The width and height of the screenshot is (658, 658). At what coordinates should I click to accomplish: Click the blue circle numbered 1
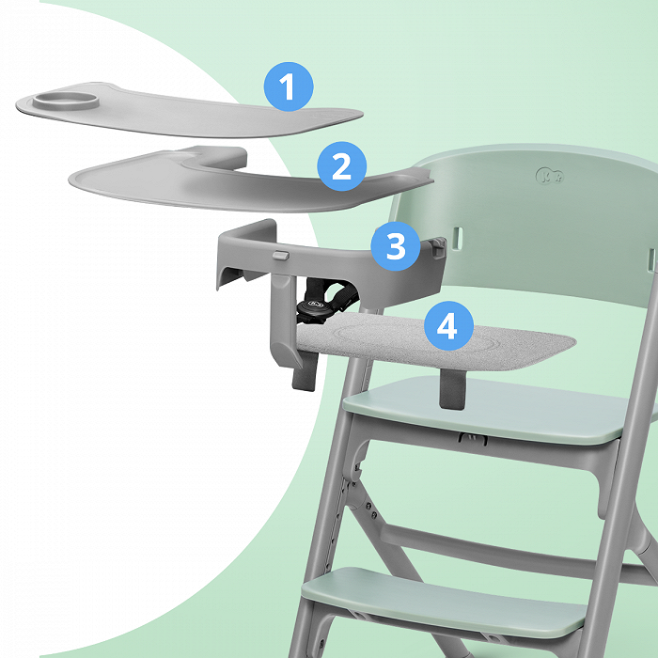point(289,86)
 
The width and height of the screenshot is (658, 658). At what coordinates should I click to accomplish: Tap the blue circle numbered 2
point(341,166)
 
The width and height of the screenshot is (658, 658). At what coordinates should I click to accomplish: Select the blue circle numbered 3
point(396,246)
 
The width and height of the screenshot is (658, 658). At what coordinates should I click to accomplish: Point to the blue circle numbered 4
point(448,325)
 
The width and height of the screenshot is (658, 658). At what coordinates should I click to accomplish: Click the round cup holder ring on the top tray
point(66,101)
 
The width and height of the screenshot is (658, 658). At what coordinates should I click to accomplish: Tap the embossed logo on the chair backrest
point(550,176)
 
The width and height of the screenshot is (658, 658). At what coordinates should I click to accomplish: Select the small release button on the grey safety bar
point(281,255)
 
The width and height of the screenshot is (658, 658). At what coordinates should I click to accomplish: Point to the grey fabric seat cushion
point(436,340)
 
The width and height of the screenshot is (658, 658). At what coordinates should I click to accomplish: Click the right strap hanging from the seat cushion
point(451,388)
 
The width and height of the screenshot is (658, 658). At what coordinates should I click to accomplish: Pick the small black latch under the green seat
point(473,439)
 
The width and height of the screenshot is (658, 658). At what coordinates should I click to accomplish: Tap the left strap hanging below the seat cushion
point(305,371)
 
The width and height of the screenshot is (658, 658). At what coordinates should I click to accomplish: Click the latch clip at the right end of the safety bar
point(438,246)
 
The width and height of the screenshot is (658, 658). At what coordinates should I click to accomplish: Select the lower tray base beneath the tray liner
point(250,180)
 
